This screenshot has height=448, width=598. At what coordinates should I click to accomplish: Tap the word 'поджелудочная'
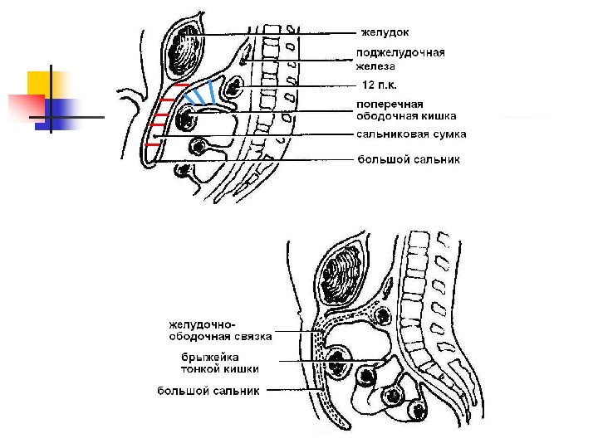[x=400, y=53]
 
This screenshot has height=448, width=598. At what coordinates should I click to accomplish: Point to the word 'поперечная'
[x=390, y=105]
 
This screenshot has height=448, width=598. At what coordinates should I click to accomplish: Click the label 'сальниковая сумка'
[x=411, y=134]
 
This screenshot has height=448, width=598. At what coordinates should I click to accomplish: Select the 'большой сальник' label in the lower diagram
[x=208, y=390]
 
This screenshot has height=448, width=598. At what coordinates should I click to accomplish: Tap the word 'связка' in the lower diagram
[x=248, y=337]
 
